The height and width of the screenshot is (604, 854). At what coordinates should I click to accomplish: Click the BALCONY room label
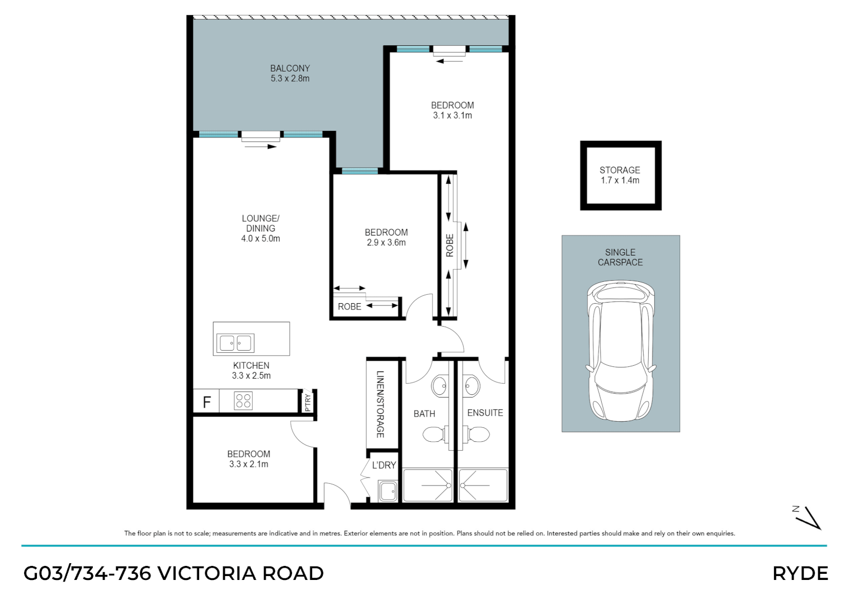pos(290,68)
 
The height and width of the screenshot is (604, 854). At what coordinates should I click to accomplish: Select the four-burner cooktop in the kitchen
pos(243,401)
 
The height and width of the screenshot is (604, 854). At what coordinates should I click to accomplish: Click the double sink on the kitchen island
pos(235,343)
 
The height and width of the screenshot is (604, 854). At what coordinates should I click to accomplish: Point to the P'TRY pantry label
pos(308,402)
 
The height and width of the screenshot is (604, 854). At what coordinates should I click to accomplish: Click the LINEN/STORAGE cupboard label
pos(380,404)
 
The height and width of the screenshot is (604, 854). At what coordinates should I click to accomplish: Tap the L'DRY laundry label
pos(384,465)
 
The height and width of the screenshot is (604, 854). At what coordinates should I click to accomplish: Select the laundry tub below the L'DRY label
pos(388,491)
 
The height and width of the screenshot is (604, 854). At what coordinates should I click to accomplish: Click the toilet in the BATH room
pos(435,435)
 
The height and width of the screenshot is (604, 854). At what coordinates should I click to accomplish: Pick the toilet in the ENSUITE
pos(476,435)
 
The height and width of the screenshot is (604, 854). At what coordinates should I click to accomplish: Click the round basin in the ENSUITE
pos(471,386)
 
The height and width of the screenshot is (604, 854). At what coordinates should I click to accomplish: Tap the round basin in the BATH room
pos(440,386)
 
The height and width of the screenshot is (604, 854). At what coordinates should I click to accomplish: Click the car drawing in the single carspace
pos(621,351)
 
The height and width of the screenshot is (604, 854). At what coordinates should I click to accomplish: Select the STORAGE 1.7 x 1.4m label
pos(620,175)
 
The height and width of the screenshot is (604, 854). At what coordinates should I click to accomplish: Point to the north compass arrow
pos(810,518)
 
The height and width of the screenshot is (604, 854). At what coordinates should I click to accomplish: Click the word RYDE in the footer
pos(801,573)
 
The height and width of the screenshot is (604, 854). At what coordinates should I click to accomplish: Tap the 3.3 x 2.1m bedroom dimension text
pos(248,464)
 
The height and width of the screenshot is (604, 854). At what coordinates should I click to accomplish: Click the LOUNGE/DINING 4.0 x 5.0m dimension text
pos(261,239)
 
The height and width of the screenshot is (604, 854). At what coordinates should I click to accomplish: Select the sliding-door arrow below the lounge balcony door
pos(261,147)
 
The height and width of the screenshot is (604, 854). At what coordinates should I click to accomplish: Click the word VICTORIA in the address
pos(207,573)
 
